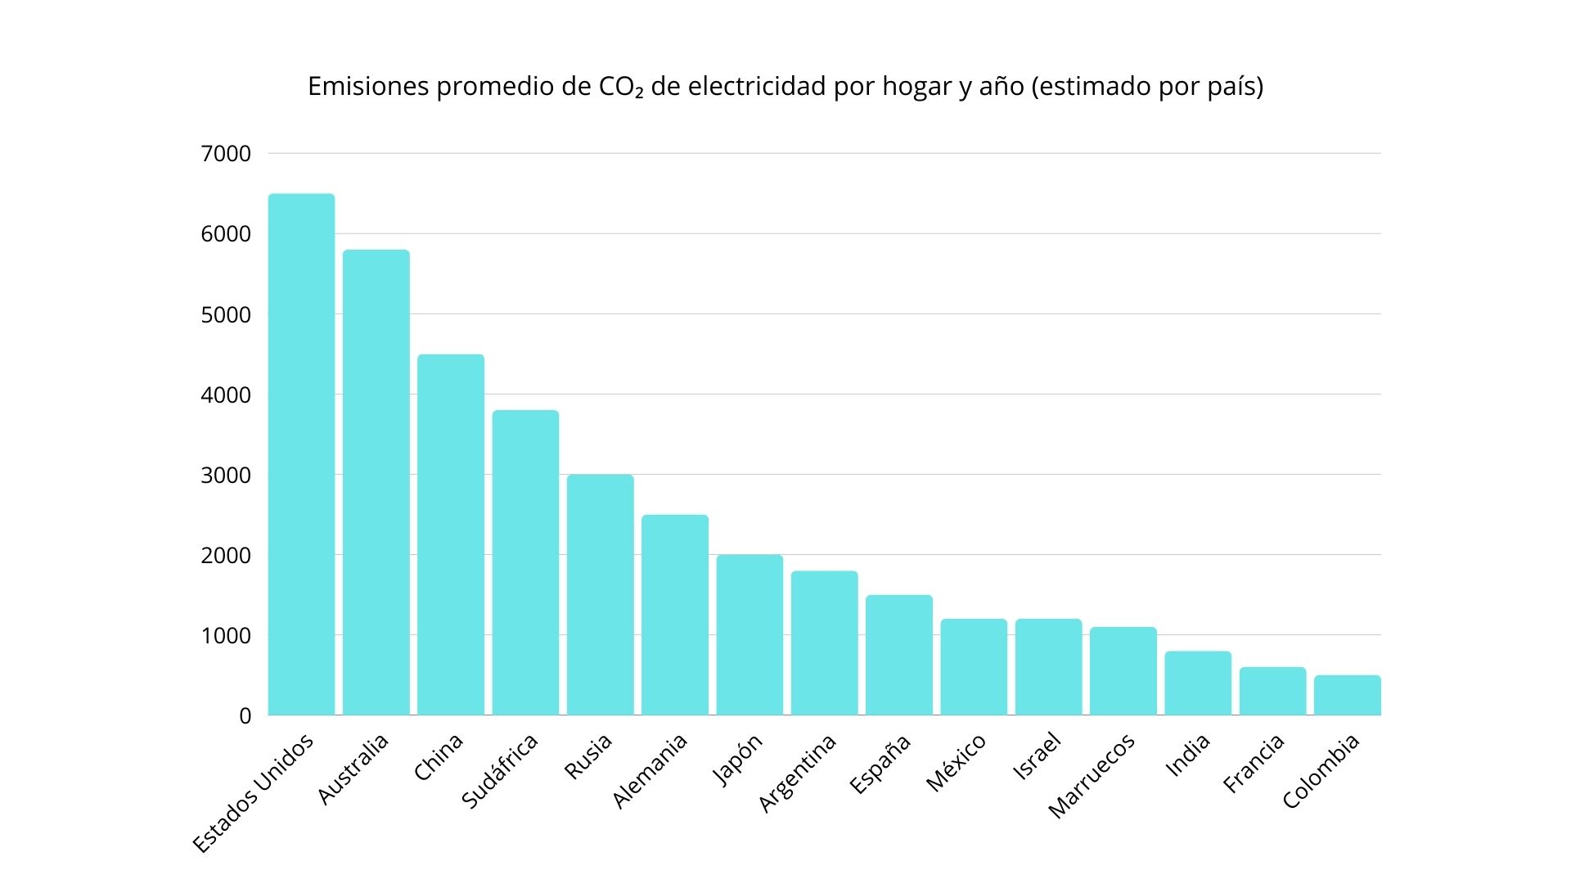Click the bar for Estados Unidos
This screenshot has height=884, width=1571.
point(301,454)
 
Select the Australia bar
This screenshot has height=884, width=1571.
point(376,483)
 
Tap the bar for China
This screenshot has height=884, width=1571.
point(451,535)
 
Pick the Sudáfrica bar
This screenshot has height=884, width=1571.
point(525,563)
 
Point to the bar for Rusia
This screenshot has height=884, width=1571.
point(600,595)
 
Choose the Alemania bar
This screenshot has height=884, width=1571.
point(675,616)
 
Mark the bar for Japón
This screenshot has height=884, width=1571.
point(749,635)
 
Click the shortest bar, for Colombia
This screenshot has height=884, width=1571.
point(1348,696)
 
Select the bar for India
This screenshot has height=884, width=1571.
point(1198,683)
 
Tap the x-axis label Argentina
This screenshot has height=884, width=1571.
point(798,773)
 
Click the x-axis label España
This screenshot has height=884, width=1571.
point(880,764)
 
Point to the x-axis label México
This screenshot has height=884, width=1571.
point(956,764)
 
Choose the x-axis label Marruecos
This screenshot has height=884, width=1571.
point(1092,776)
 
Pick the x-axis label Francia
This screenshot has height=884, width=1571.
point(1254,764)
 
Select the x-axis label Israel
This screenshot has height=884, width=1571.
point(1038,757)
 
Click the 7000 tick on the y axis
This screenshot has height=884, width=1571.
point(226,154)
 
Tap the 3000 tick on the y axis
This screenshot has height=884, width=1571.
point(226,476)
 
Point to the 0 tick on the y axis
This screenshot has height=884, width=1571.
point(245,716)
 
